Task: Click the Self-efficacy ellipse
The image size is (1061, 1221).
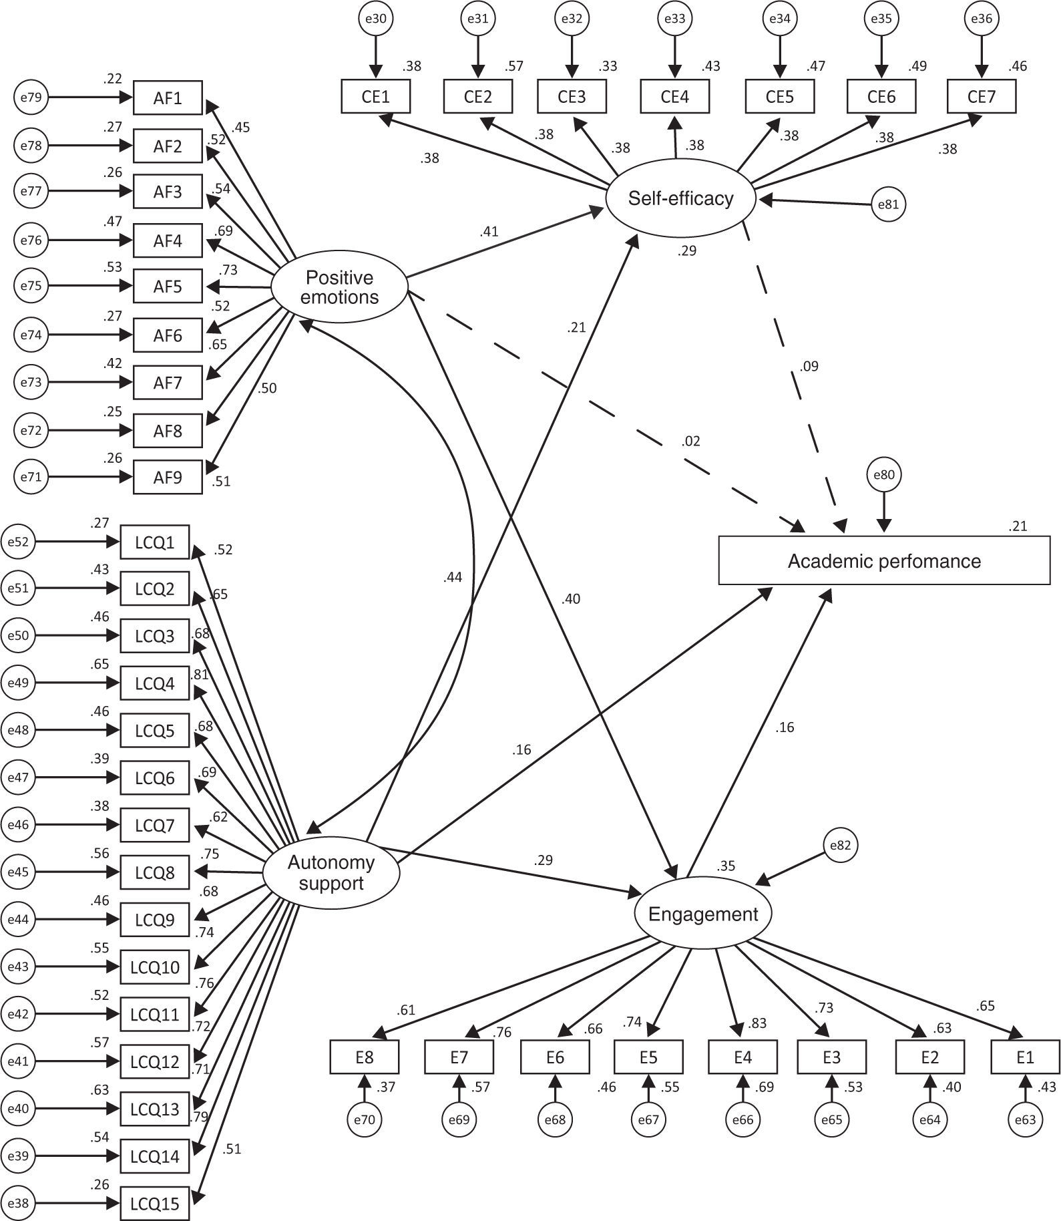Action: point(680,198)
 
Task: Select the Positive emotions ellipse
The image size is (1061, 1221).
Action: point(339,287)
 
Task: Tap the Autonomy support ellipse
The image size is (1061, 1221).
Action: point(331,872)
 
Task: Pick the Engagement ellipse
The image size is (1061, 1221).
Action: point(702,914)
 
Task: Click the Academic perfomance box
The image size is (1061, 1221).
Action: point(883,560)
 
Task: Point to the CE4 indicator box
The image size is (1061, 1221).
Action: point(674,97)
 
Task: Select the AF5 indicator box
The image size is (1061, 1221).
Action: point(168,287)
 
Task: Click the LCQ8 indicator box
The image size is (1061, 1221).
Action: point(154,872)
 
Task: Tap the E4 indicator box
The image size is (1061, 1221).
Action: point(742,1057)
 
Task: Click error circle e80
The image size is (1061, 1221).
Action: point(883,475)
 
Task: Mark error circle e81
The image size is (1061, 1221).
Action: point(889,204)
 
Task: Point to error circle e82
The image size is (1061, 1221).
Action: point(841,846)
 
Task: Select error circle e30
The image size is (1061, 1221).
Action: point(377,19)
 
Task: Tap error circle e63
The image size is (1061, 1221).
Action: point(1025,1119)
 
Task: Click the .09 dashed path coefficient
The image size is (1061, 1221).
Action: point(809,366)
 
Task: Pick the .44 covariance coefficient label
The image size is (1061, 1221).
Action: point(452,577)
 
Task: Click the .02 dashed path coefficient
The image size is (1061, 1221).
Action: point(691,441)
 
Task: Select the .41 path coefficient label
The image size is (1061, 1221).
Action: point(489,232)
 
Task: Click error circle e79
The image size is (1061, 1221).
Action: point(31,98)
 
